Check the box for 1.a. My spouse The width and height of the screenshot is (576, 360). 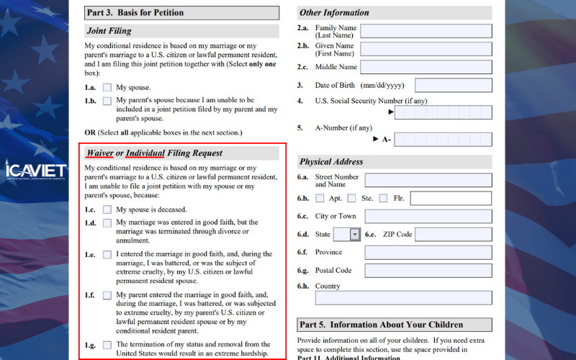[x=107, y=88]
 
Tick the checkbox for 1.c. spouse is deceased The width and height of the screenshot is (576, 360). [x=107, y=210]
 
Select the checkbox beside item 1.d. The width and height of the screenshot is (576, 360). [x=107, y=223]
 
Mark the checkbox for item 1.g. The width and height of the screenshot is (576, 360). [x=107, y=345]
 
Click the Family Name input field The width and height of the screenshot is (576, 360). [x=426, y=31]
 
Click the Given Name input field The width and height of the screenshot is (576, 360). [x=426, y=49]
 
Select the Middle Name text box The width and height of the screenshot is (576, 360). [x=426, y=68]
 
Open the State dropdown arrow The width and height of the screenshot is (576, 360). [x=355, y=234]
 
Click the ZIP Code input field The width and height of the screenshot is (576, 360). [x=453, y=234]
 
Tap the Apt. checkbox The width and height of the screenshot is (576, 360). [x=320, y=199]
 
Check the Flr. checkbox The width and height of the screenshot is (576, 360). [x=383, y=199]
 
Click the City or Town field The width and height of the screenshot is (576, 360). [x=428, y=216]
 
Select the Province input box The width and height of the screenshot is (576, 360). [x=428, y=253]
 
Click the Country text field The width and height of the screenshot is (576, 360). [x=428, y=297]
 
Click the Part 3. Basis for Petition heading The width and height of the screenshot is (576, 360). [x=135, y=13]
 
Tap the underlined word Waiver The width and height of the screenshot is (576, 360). [x=99, y=153]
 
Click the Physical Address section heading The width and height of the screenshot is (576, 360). [x=331, y=162]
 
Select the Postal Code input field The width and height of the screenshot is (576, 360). [x=428, y=271]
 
